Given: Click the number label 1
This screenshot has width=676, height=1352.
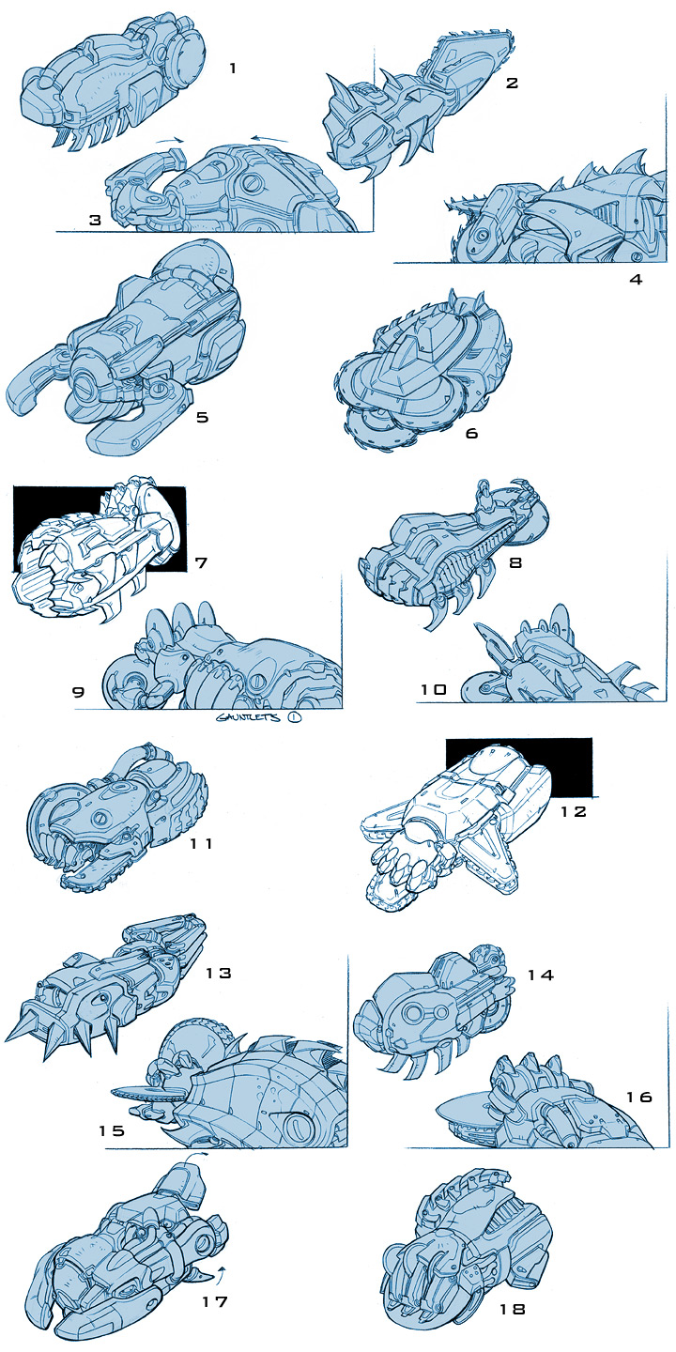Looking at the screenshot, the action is [x=233, y=69].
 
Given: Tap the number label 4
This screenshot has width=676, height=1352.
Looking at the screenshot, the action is [x=636, y=280].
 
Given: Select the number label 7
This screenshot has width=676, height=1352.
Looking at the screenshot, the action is [x=201, y=562].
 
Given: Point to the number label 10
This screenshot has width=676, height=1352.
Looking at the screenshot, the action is [x=433, y=689].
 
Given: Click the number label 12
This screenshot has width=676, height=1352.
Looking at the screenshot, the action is [x=573, y=811].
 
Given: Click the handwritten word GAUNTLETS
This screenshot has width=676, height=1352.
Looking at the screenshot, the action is [x=248, y=717].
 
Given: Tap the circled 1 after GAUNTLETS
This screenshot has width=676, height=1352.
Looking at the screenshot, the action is [x=295, y=717].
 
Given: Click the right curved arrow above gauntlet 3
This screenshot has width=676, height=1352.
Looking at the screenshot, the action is [x=270, y=139].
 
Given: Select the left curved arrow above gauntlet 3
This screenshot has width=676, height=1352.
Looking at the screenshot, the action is [x=169, y=139].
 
